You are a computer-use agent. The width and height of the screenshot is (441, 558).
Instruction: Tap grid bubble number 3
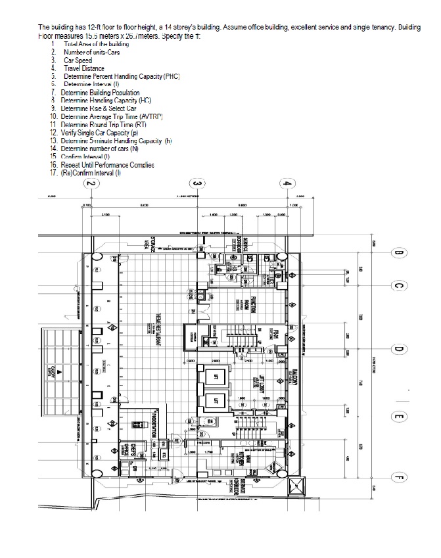pyautogui.click(x=195, y=184)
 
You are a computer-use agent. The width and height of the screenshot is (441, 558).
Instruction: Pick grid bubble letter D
pyautogui.click(x=398, y=350)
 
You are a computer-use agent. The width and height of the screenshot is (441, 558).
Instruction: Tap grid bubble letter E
pyautogui.click(x=398, y=416)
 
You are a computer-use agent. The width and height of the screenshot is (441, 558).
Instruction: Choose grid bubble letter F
pyautogui.click(x=398, y=478)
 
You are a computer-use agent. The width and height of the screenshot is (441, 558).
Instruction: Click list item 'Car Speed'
pyautogui.click(x=78, y=60)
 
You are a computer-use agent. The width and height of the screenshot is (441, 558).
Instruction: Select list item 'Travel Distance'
pyautogui.click(x=83, y=68)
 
